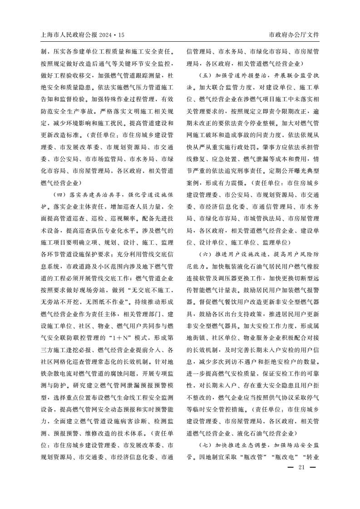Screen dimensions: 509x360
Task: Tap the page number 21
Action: point(301,469)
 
